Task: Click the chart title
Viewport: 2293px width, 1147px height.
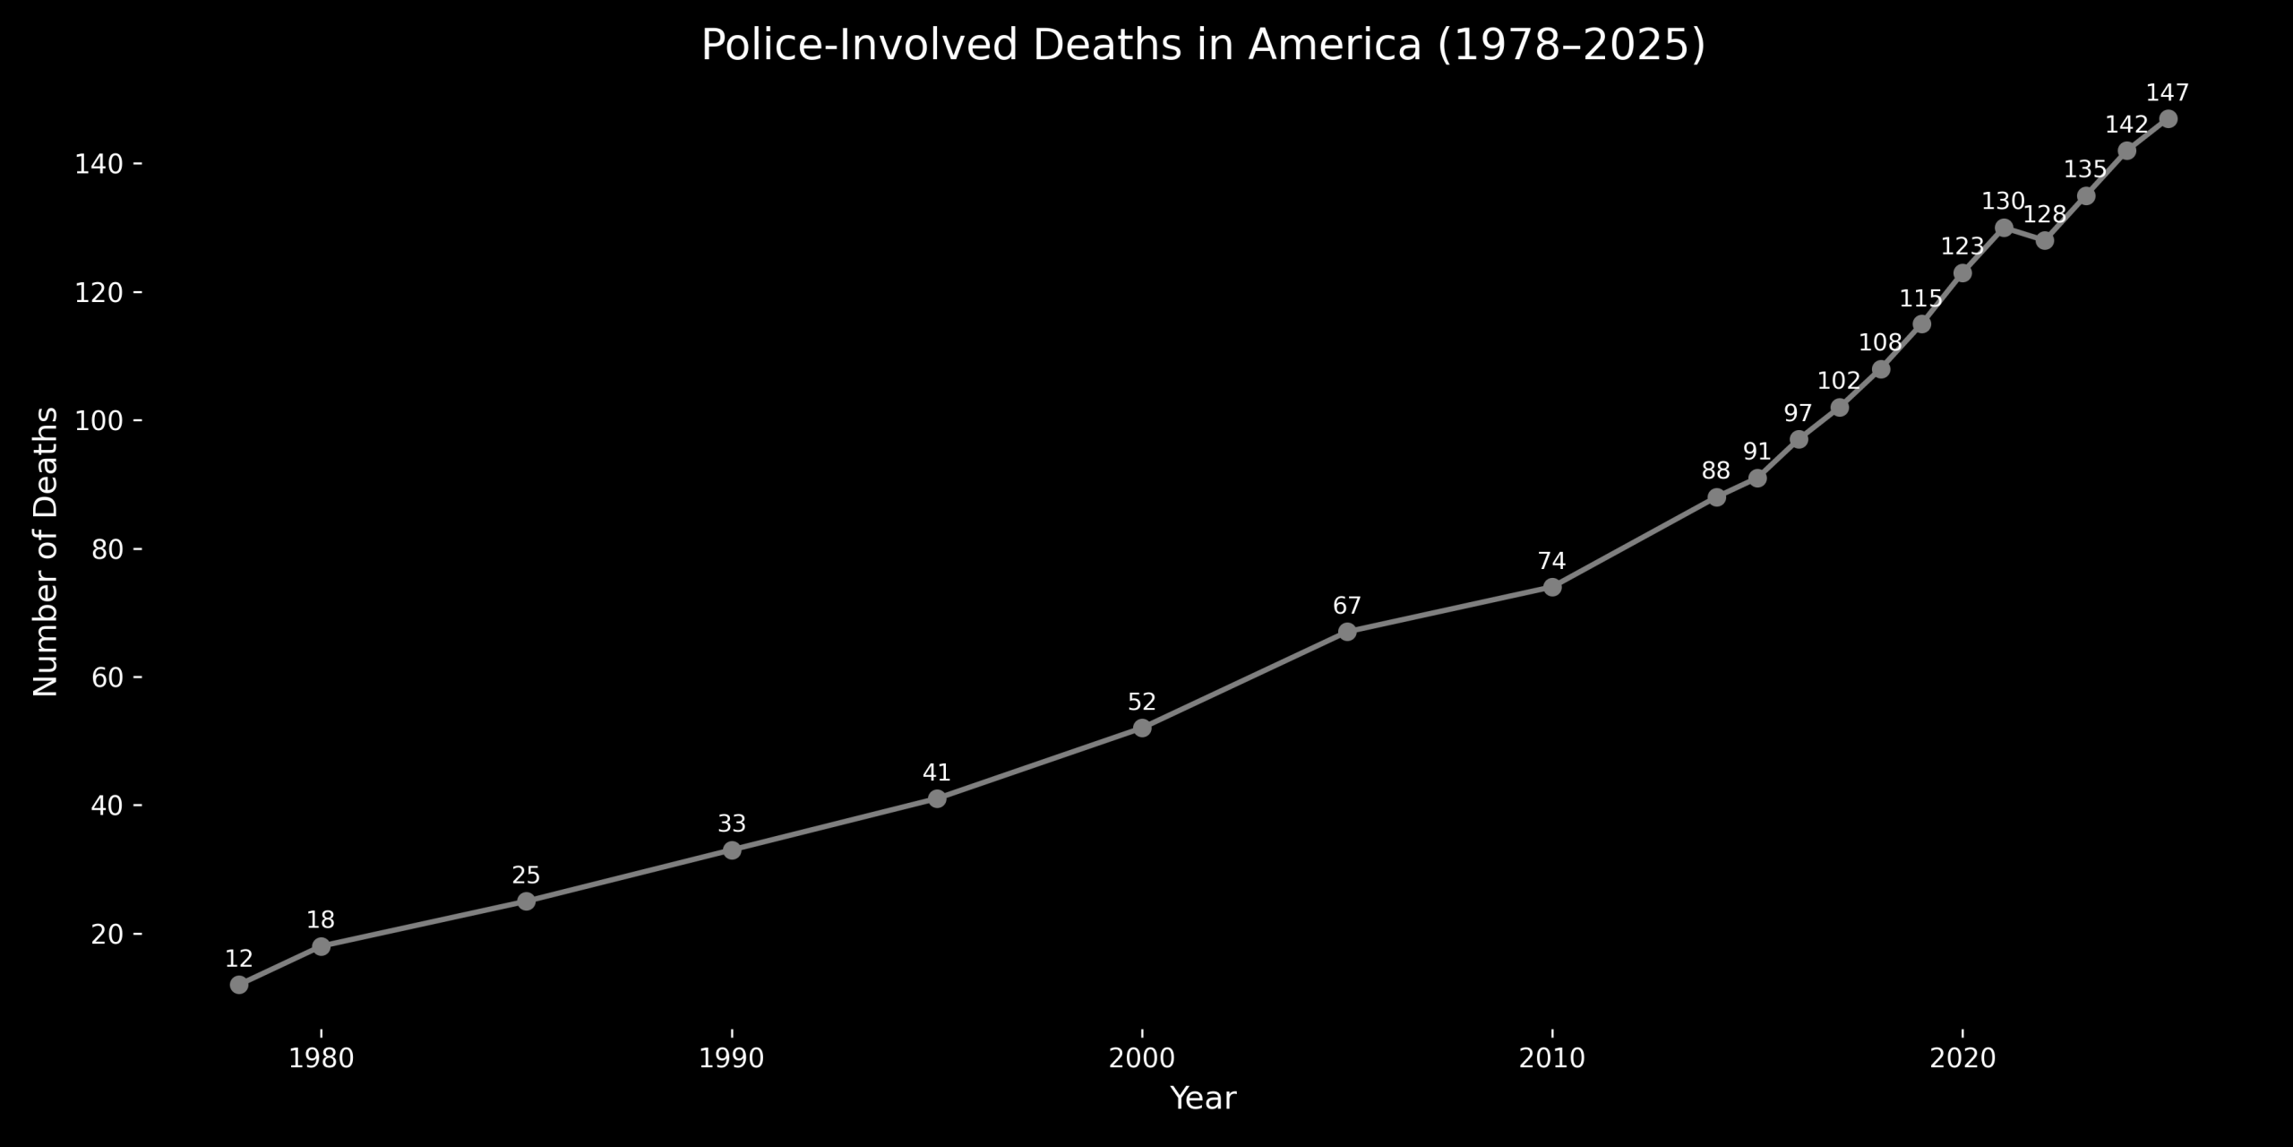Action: coord(1203,46)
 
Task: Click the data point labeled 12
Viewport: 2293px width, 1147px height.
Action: coord(239,985)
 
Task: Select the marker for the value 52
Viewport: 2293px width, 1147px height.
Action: coord(1142,728)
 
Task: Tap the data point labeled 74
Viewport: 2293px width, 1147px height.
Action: coord(1552,587)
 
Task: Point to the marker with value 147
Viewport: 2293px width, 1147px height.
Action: coord(2168,119)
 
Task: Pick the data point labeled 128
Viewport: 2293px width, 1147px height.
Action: coord(2045,240)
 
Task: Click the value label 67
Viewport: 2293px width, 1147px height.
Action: coord(1347,606)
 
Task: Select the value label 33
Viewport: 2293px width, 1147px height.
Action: coord(732,824)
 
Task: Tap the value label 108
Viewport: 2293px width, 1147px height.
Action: coord(1880,342)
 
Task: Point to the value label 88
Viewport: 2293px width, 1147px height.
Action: coord(1716,470)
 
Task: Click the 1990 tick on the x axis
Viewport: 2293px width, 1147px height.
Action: coord(732,1059)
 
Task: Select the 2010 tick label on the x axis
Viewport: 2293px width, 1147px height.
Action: coord(1552,1059)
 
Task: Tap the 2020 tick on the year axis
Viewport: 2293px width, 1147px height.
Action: coord(1962,1059)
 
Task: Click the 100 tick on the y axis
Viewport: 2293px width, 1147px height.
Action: coord(103,421)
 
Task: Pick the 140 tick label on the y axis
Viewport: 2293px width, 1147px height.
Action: coord(103,165)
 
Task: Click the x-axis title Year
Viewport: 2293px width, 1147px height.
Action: coord(1203,1099)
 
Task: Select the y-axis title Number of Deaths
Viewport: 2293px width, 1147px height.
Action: coord(46,552)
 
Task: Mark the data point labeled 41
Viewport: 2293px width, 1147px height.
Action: coord(937,798)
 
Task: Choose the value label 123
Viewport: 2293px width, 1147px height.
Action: coord(1962,246)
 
